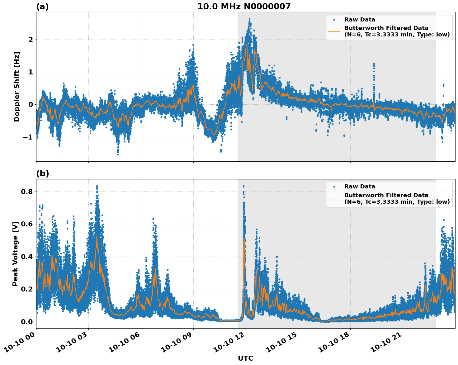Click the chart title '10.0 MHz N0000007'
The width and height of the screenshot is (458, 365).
click(x=244, y=7)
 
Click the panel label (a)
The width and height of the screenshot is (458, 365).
click(x=42, y=7)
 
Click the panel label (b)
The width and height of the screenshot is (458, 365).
click(x=42, y=173)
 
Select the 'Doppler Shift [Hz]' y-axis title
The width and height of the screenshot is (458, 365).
click(x=17, y=87)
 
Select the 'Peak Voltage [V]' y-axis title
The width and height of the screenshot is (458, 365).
click(x=15, y=254)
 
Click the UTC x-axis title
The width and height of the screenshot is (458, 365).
click(x=245, y=358)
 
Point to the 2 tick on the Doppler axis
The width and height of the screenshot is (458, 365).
click(x=31, y=40)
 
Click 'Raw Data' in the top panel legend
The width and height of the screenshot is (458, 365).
click(x=360, y=20)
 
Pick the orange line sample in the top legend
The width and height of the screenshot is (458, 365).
click(x=334, y=31)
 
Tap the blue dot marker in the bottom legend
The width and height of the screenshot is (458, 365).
click(x=334, y=187)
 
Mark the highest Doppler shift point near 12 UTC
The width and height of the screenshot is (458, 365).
click(x=249, y=19)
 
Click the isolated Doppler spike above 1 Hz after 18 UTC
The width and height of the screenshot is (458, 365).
click(x=374, y=64)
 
